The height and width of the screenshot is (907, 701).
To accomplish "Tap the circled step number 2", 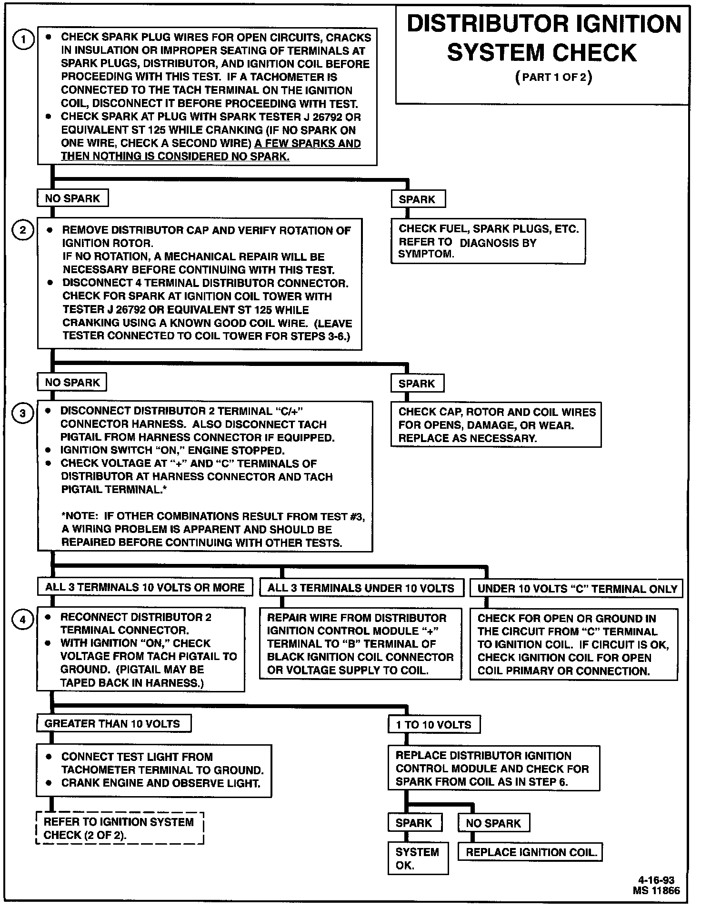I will point(23,231).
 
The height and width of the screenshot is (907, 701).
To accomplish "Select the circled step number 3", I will point(23,414).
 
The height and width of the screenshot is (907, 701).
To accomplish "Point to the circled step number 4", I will point(23,619).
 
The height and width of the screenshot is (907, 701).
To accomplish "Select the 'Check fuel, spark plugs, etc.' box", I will point(488,241).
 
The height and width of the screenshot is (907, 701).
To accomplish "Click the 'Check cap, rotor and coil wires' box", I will point(496,425).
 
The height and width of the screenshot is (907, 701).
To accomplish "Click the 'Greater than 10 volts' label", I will point(113,724).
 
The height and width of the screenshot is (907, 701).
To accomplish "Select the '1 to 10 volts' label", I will point(433,725).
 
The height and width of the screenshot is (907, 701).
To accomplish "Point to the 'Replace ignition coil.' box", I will point(531,852).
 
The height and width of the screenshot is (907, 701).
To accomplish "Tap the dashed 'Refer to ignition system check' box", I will point(120,828).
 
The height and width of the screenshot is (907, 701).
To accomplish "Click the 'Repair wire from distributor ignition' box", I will point(361,644).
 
